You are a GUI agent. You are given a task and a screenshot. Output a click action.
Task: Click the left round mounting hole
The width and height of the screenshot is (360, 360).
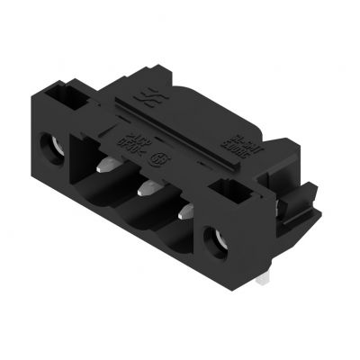[52, 143]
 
